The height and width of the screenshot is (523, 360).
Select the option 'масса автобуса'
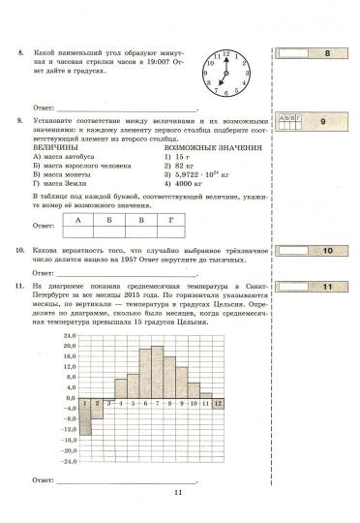(67, 155)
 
